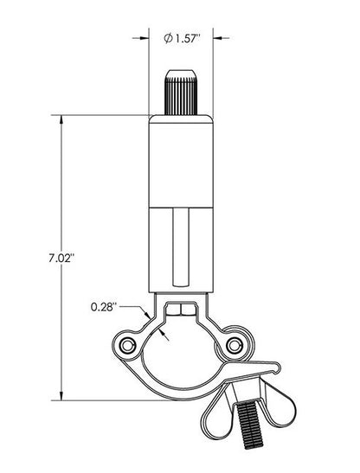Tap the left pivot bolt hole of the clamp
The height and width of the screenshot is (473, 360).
point(128,346)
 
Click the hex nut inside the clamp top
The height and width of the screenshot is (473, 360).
point(180,310)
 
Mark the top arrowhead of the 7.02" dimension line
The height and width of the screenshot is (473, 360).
point(62,124)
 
